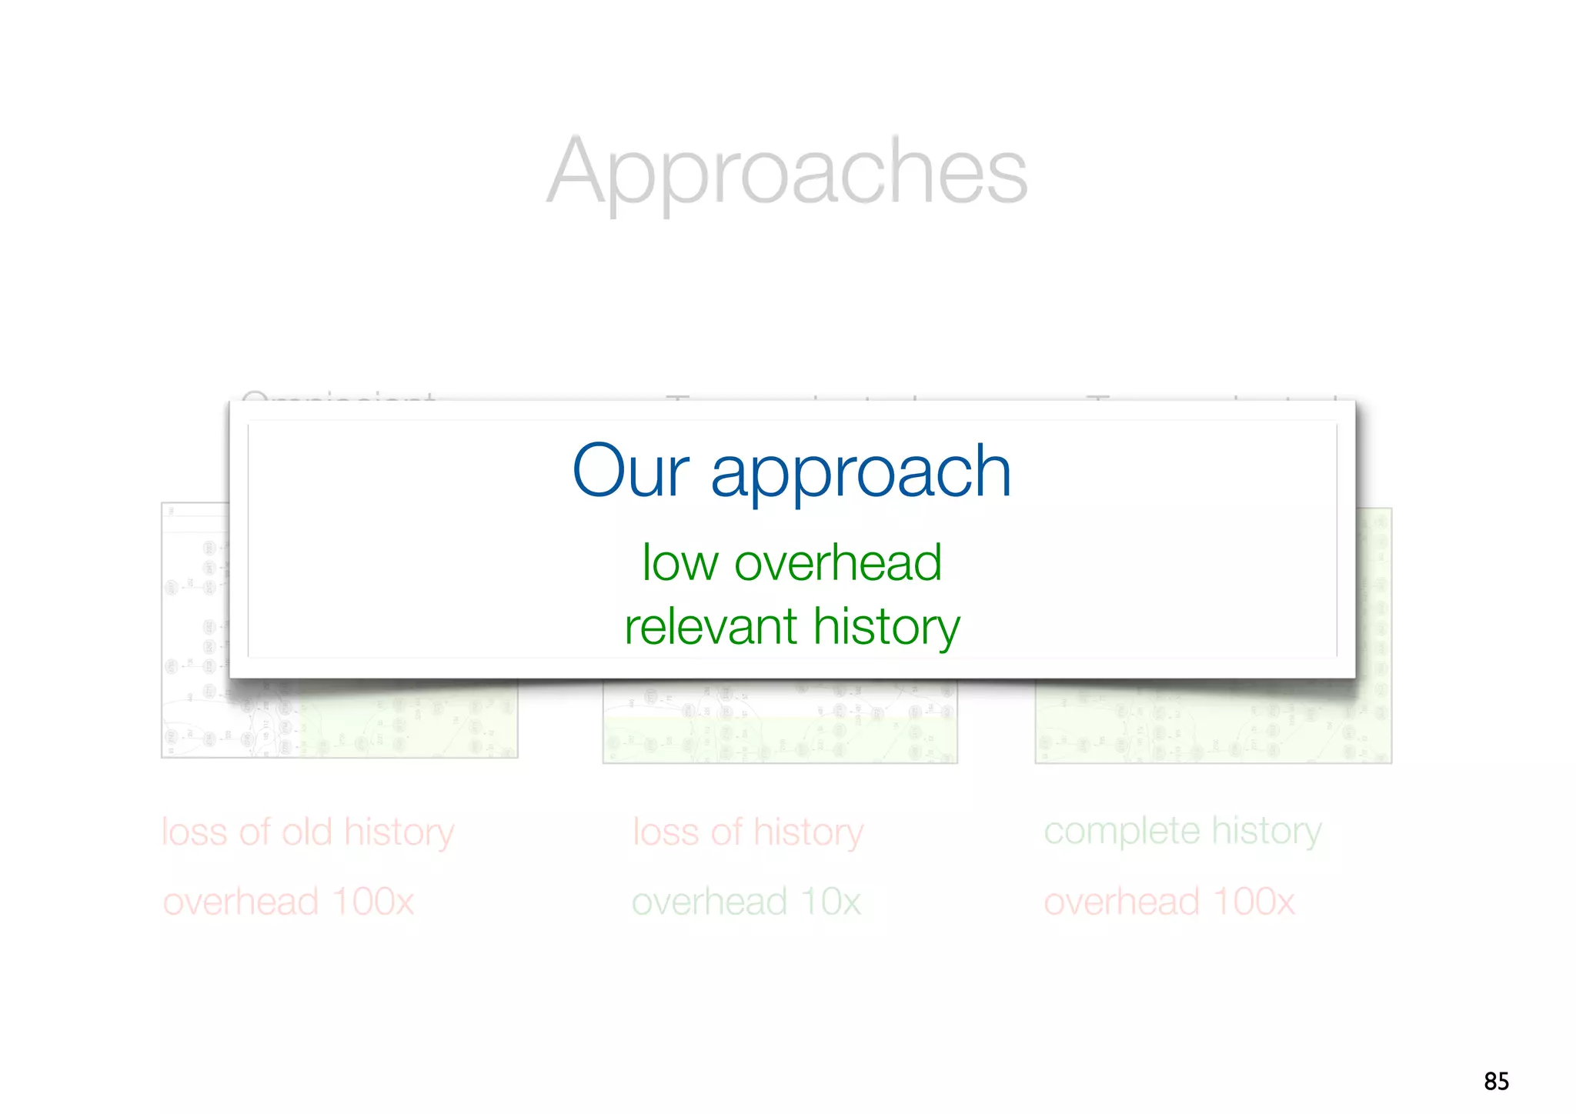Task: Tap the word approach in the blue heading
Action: (x=860, y=472)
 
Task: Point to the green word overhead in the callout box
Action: (x=838, y=562)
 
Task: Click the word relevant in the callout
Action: (x=710, y=626)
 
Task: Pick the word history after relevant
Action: (x=886, y=628)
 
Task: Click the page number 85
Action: (x=1496, y=1081)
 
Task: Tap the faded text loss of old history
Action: (x=308, y=832)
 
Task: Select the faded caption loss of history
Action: (x=748, y=832)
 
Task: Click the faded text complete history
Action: (x=1183, y=831)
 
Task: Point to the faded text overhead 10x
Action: (x=746, y=902)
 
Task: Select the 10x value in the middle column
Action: (x=830, y=902)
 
